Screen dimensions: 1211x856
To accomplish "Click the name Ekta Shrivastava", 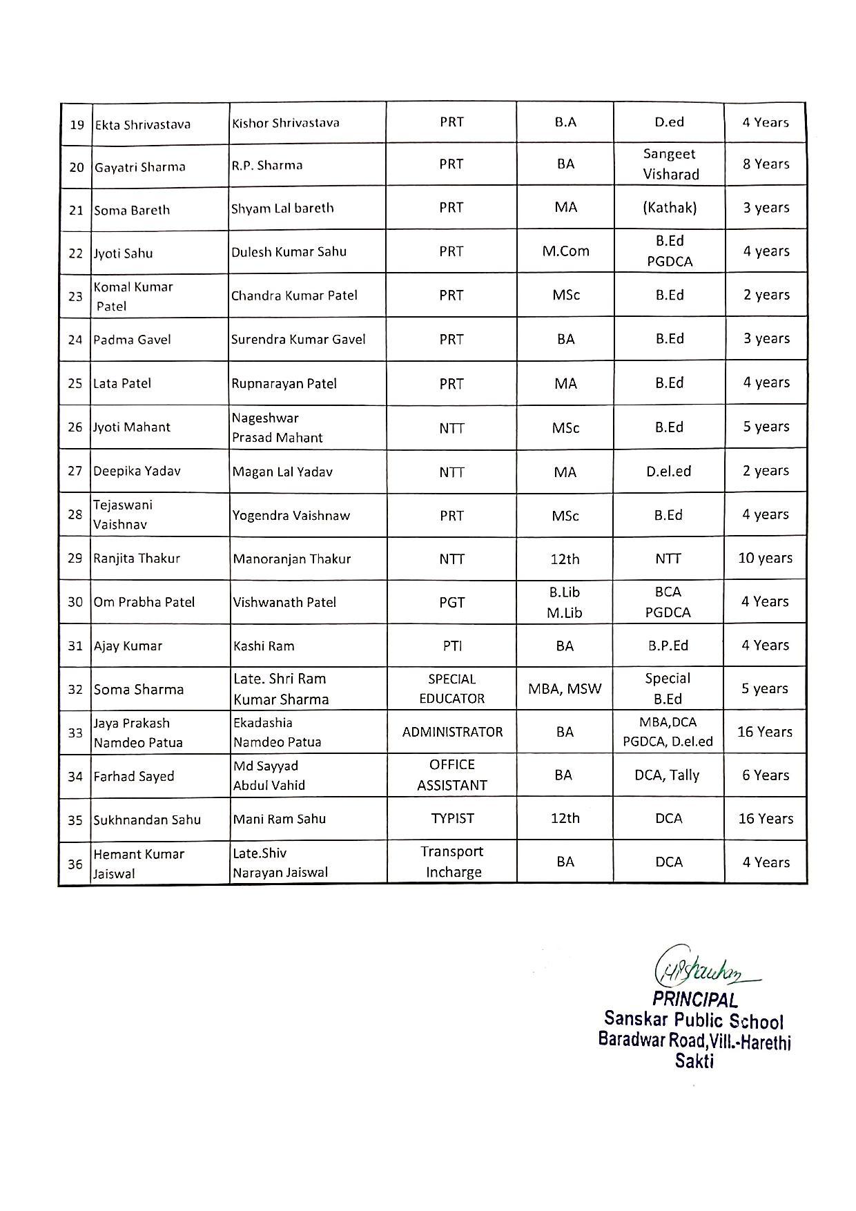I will [x=142, y=125].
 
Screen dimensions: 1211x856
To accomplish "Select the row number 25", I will [x=75, y=383].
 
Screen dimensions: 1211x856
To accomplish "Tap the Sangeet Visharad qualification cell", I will [x=670, y=164].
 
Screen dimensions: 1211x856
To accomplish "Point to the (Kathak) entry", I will [x=670, y=208].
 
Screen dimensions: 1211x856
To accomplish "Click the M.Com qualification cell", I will [x=565, y=251].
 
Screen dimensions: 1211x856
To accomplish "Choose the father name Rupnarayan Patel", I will [x=284, y=384].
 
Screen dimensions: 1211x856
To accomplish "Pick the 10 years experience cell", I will [x=765, y=558].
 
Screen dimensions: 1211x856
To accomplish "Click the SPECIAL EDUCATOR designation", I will [x=451, y=689].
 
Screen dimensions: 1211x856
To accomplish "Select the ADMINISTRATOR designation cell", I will [x=452, y=732].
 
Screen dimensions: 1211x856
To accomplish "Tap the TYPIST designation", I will [x=452, y=819].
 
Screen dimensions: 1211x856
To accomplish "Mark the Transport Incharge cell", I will [x=452, y=862].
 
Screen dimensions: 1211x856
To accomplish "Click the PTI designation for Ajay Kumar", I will [x=451, y=646].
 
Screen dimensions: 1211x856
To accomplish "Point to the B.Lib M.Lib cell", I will [x=565, y=602].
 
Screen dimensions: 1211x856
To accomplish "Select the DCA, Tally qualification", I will [x=667, y=775].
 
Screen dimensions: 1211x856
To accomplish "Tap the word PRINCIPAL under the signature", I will [x=694, y=999].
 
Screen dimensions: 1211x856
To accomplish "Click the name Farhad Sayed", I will [x=134, y=777].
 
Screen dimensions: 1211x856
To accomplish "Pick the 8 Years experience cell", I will [x=766, y=164].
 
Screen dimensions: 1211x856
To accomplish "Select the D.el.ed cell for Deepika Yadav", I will [x=668, y=472].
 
